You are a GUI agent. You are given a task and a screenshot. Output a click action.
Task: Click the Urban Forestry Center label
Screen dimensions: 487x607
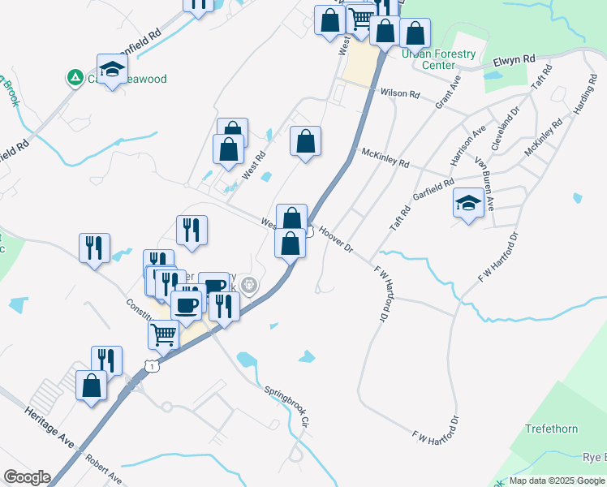439,59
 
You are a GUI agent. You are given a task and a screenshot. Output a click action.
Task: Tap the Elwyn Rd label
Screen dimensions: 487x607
514,59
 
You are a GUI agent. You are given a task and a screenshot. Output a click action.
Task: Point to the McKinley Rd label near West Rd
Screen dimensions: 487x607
385,157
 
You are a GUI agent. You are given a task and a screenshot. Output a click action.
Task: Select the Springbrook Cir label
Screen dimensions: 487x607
287,406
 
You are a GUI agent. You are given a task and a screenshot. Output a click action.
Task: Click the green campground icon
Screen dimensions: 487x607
75,77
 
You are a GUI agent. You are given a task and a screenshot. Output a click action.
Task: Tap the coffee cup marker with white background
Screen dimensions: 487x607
185,305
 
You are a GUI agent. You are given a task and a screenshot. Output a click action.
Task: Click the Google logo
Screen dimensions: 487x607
28,477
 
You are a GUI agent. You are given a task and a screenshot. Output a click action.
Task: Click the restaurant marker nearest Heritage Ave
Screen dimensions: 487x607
106,360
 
